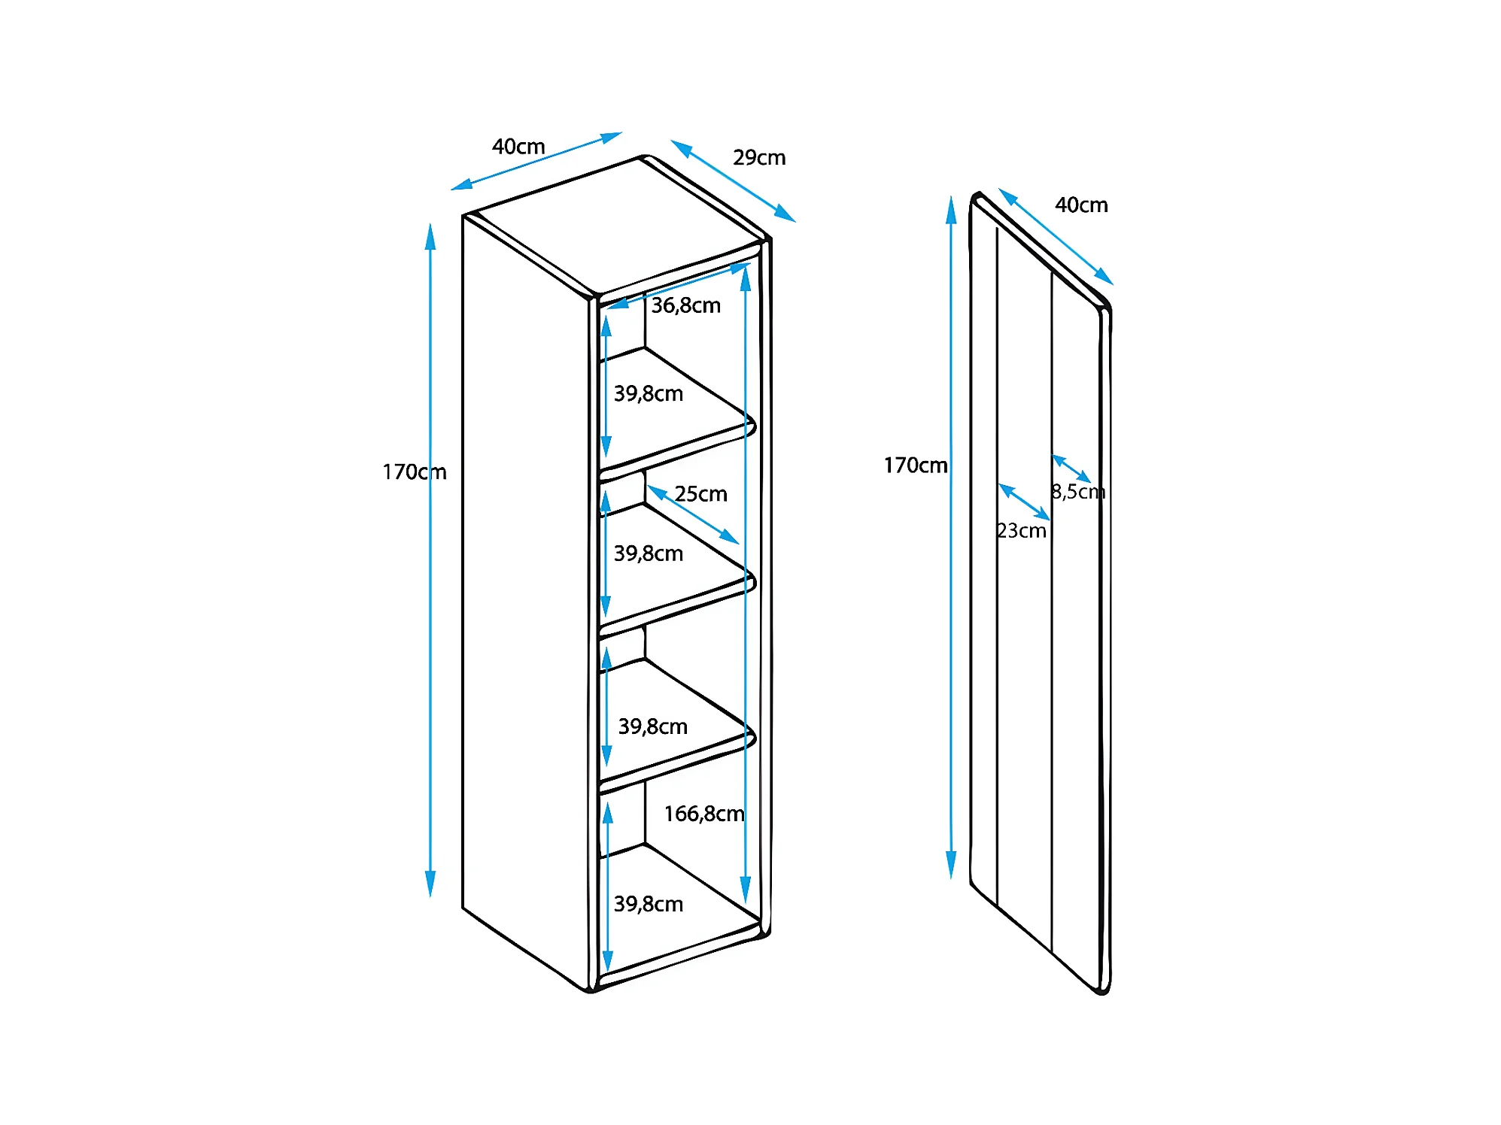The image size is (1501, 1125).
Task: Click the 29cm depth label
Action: point(758,158)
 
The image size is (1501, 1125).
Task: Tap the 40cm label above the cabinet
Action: point(518,146)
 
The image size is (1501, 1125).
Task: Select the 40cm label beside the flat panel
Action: point(1080,205)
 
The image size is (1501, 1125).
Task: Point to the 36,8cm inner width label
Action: point(685,305)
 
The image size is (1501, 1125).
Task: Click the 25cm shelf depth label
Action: point(700,494)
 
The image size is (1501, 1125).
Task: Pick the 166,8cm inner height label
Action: point(703,814)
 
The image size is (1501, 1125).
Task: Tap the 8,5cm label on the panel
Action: point(1077,492)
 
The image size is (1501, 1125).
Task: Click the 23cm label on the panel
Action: point(1021,531)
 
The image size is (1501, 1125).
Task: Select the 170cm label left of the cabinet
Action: point(414,472)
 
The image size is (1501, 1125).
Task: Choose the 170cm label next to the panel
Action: point(915,465)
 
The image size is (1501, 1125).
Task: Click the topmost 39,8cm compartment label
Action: point(648,393)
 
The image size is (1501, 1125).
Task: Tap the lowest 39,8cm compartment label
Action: point(648,904)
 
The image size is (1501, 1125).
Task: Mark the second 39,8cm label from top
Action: point(648,553)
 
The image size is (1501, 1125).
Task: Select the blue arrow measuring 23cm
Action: point(1024,502)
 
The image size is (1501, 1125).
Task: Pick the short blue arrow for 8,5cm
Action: point(1071,468)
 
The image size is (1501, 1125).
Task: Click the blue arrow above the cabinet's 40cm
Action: point(536,161)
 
